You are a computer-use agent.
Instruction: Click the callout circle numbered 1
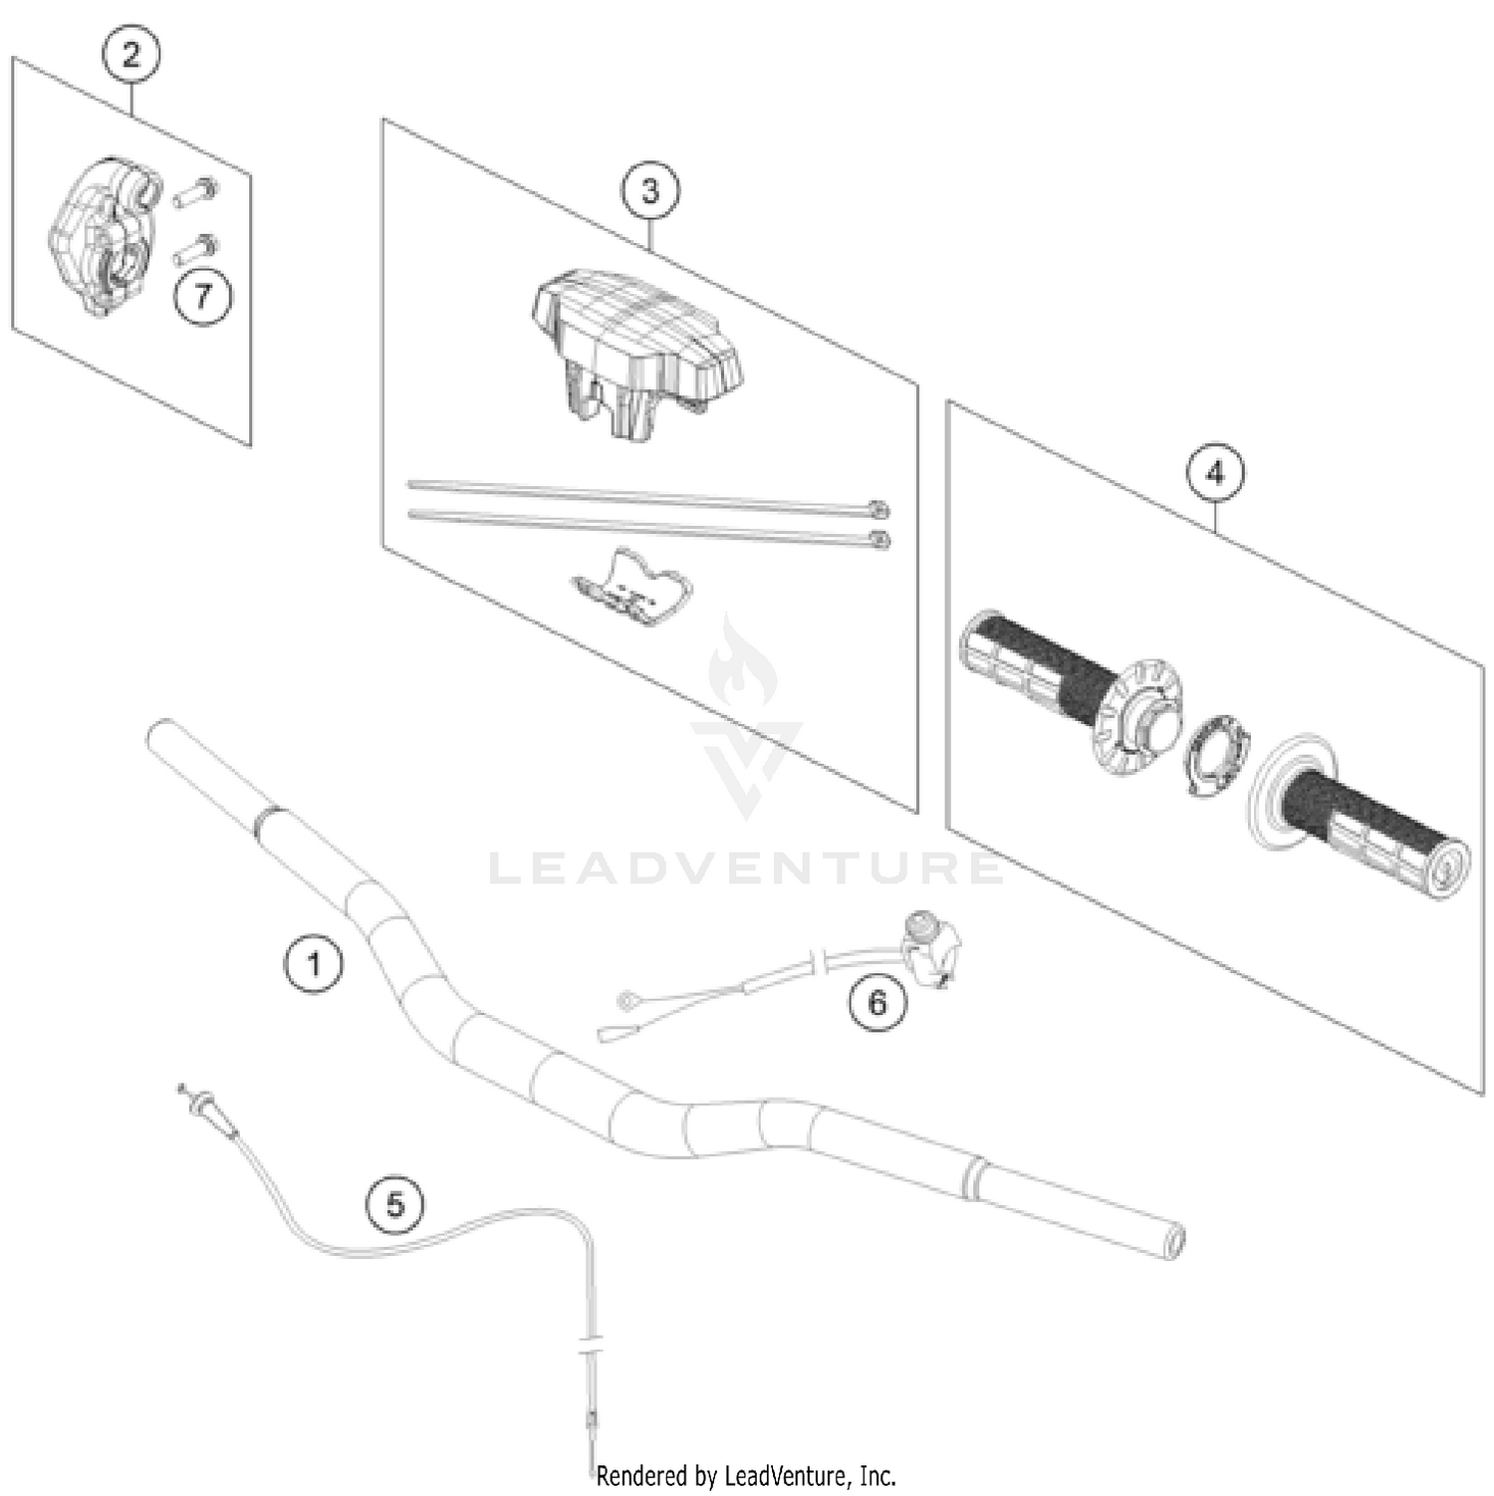pos(314,964)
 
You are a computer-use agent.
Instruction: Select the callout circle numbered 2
pos(131,55)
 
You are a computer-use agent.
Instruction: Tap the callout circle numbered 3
pos(650,190)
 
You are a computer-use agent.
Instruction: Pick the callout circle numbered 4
pos(1215,472)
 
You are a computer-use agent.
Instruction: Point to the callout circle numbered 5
pos(395,1204)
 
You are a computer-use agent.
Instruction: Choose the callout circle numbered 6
pos(877,1002)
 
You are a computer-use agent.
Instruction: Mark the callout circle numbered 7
pos(203,296)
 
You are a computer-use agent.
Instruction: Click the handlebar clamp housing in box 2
pos(100,235)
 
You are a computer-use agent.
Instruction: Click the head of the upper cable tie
pos(877,511)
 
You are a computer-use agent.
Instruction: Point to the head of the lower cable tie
pos(879,541)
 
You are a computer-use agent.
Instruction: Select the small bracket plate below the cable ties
pos(631,589)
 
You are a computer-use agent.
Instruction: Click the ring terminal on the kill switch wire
pos(626,1000)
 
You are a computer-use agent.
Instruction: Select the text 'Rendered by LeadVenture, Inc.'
pos(746,1475)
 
